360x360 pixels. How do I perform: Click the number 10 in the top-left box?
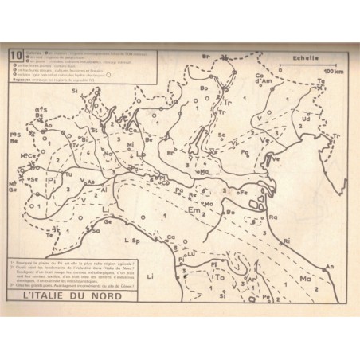coord(14,55)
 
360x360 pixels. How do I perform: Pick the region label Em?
coord(194,211)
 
